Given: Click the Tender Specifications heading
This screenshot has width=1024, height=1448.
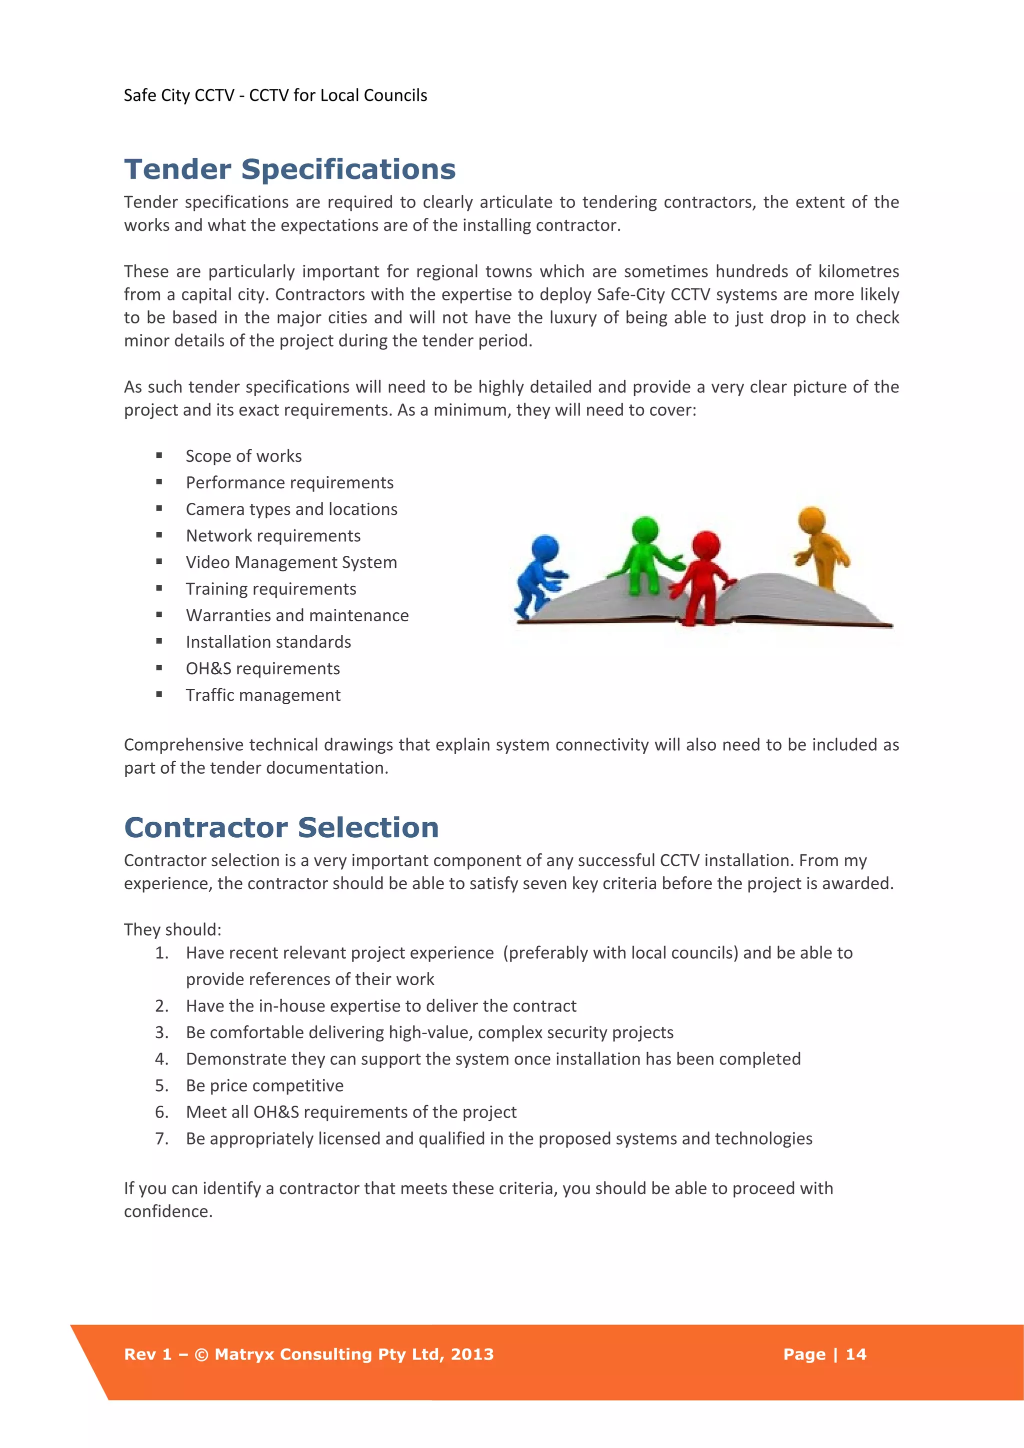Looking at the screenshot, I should [289, 169].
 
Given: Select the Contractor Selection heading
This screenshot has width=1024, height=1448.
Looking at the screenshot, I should [281, 827].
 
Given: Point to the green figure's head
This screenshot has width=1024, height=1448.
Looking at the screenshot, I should [645, 530].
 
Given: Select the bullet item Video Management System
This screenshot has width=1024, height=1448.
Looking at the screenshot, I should [291, 562].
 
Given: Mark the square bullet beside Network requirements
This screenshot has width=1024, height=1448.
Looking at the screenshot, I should [159, 535].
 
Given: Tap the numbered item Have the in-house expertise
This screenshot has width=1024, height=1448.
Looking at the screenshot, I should [380, 1006].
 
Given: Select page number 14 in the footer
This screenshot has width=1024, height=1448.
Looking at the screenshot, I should [855, 1354].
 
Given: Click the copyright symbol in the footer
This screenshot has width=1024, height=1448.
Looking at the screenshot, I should [201, 1355].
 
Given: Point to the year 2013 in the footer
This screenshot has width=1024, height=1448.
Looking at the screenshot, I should [472, 1354].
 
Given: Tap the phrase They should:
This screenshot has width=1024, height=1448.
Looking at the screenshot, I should [172, 930].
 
